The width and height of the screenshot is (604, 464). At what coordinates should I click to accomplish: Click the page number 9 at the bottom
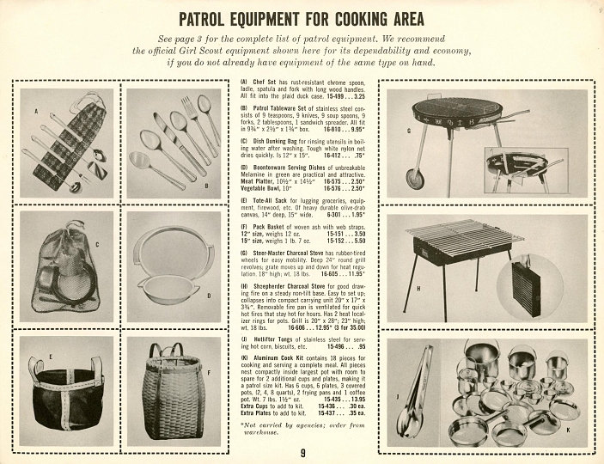click(x=302, y=454)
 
